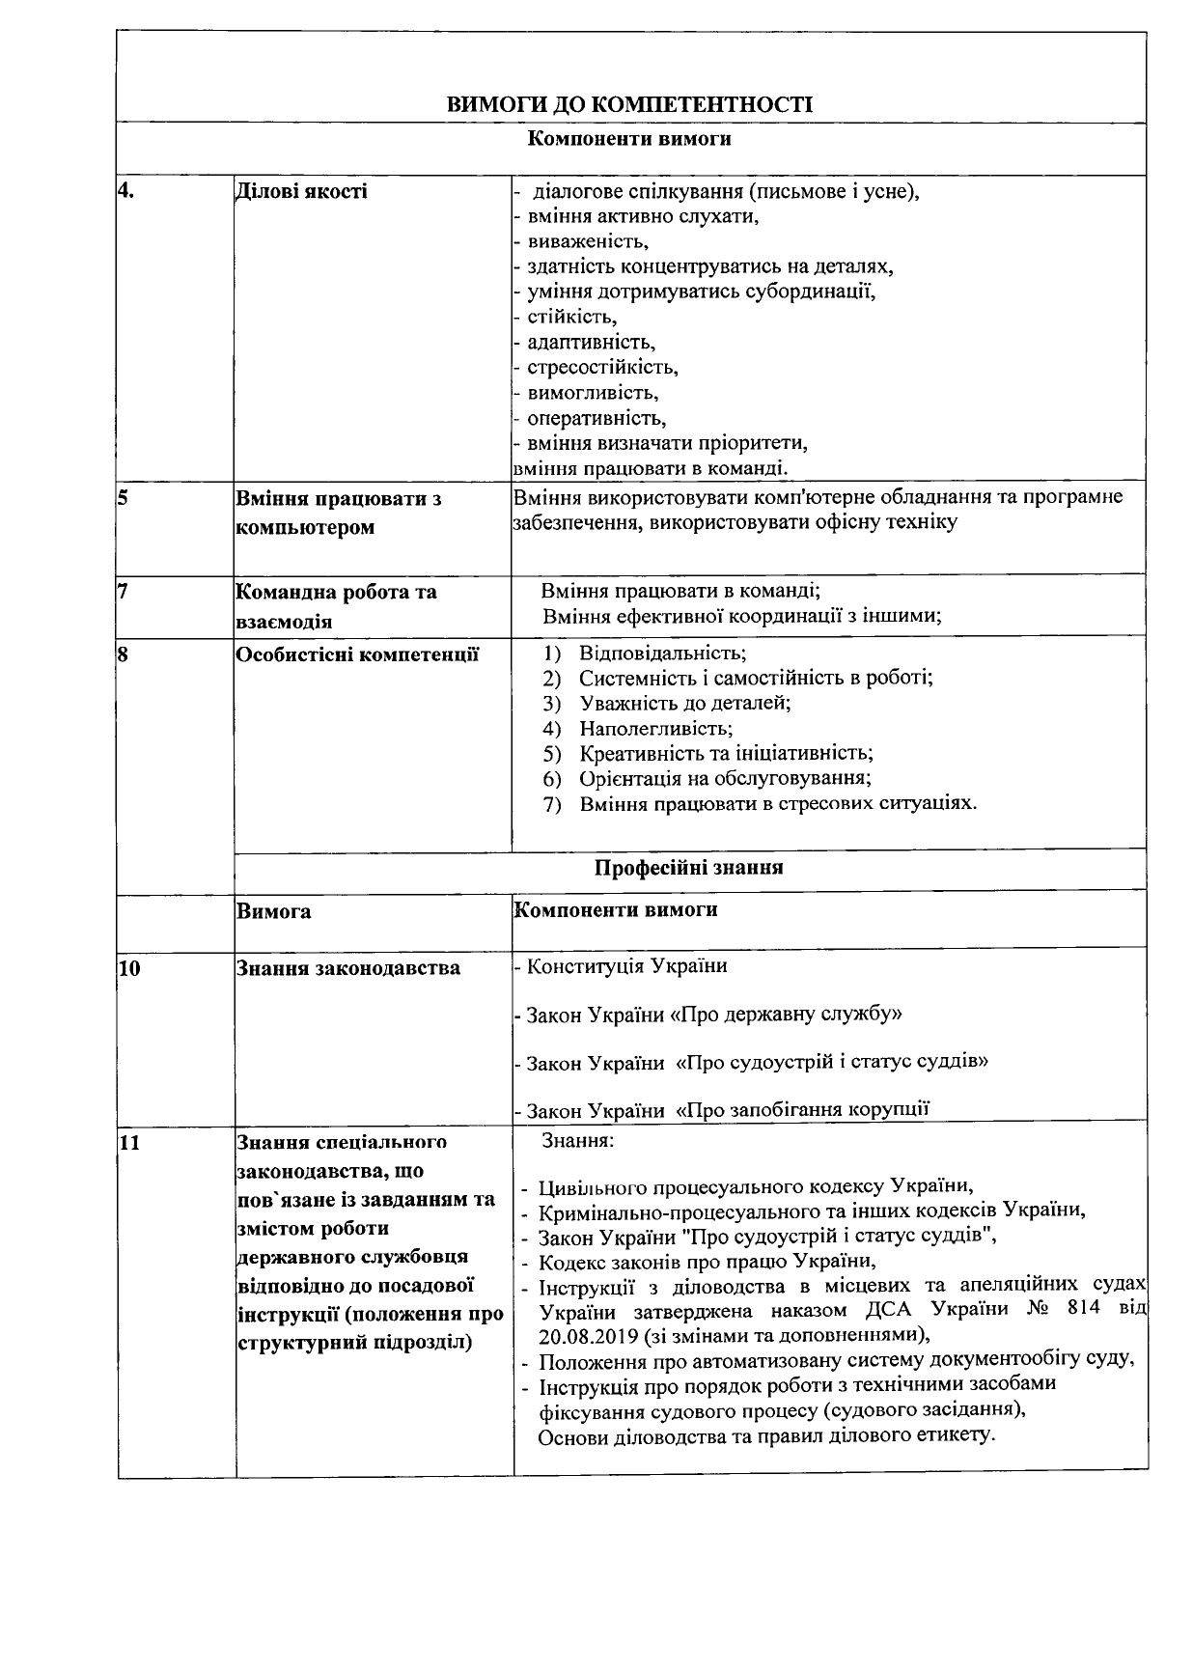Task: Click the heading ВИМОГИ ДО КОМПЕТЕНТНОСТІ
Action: [x=629, y=104]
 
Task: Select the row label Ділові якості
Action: [x=301, y=191]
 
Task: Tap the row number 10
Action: [x=129, y=968]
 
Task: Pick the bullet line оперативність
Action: [x=596, y=418]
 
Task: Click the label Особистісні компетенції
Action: [x=357, y=654]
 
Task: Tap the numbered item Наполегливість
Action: [x=655, y=729]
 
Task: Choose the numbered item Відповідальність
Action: [x=662, y=653]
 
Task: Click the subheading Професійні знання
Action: [x=688, y=867]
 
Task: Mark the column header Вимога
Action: [x=273, y=911]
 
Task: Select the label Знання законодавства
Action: [x=348, y=968]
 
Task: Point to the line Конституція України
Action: [x=626, y=965]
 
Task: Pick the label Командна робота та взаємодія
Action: [x=336, y=605]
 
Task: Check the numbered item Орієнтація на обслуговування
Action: [x=725, y=778]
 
